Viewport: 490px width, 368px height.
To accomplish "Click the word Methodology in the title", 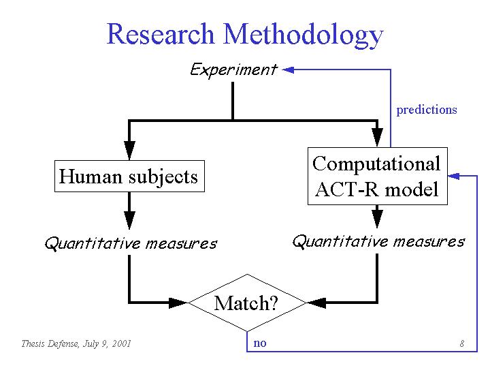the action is (303, 35).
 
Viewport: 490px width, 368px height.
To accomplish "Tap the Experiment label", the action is (233, 70).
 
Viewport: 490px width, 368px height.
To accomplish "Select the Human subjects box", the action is (129, 177).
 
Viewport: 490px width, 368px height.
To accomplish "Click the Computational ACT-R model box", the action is (378, 177).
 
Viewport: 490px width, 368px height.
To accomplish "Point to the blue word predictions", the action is (427, 110).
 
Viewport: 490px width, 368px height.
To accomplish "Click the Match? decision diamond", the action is (247, 303).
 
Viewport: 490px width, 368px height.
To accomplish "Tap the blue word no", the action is (260, 343).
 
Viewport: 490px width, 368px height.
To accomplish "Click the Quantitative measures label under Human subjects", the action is (131, 243).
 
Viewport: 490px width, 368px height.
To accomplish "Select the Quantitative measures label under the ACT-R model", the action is (379, 241).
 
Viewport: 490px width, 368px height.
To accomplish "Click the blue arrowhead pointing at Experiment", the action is (288, 70).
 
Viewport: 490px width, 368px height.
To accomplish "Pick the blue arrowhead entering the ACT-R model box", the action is (454, 176).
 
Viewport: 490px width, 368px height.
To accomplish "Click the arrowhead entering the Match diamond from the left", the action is (178, 303).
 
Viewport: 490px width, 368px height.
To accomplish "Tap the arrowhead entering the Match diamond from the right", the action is (316, 303).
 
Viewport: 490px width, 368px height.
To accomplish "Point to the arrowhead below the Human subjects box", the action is (129, 220).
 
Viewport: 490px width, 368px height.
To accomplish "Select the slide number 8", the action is (462, 343).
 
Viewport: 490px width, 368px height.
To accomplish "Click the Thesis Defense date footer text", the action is (76, 344).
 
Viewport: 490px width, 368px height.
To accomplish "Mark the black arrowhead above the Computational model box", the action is (377, 138).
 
